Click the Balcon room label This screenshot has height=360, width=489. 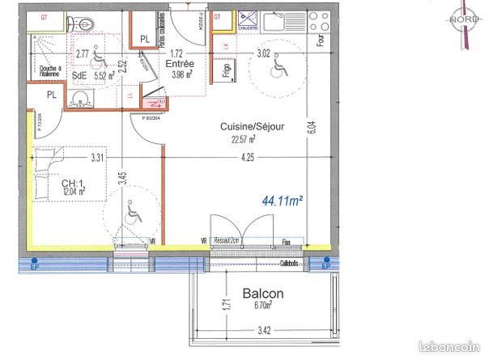[x=263, y=294]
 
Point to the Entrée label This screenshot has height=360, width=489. [x=177, y=63]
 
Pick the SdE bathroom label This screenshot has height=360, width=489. [x=79, y=76]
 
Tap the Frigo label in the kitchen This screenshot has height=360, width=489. [x=226, y=70]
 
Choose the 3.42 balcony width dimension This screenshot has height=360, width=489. [x=265, y=332]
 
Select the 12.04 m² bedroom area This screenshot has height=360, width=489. [x=74, y=193]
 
